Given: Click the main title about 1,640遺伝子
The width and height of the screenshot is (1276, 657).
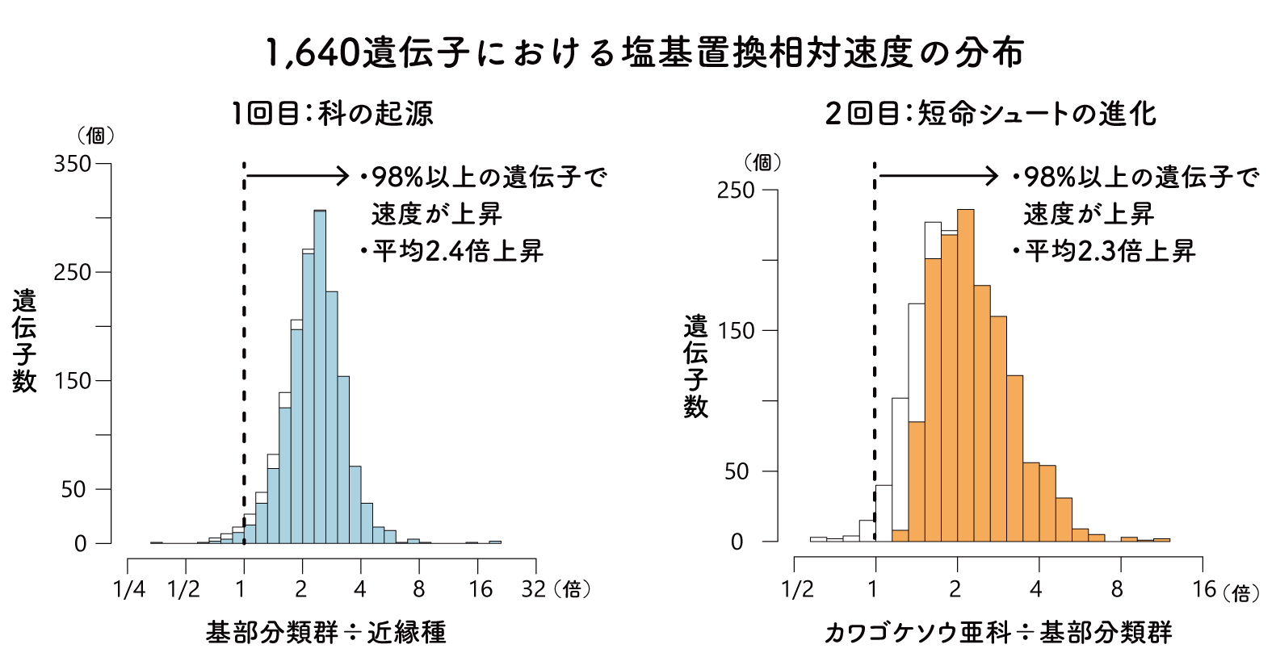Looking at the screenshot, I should (x=644, y=52).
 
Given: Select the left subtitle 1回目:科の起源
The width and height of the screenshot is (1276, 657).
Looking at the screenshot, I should (x=332, y=114).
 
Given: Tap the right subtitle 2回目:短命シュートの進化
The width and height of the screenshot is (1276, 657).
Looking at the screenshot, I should (x=990, y=114).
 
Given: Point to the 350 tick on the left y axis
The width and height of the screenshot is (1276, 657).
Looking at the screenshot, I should (x=73, y=164).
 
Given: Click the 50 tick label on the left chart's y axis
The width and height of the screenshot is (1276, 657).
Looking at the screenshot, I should (x=73, y=489).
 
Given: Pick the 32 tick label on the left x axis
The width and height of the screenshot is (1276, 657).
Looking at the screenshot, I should (x=533, y=589).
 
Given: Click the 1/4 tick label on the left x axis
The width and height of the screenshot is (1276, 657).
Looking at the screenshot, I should (x=129, y=589).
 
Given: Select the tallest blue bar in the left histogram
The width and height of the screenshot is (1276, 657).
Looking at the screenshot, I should (x=320, y=379).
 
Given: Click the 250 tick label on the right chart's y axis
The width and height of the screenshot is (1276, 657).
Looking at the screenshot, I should (x=735, y=190).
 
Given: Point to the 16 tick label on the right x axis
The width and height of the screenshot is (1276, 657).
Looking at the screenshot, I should (x=1203, y=589).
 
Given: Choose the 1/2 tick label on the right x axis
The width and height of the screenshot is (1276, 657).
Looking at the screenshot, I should (x=797, y=589).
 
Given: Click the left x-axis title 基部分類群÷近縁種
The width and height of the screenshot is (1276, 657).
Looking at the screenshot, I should (x=325, y=632).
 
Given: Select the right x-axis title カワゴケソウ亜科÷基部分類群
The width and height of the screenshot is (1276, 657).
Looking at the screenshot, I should (x=998, y=632).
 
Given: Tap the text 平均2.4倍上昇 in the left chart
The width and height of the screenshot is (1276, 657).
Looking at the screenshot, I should (x=458, y=251).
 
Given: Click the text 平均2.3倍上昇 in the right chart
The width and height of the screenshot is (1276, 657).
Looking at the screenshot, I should (x=1110, y=251).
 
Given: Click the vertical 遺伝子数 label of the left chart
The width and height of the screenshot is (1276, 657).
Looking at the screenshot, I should (x=24, y=341).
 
